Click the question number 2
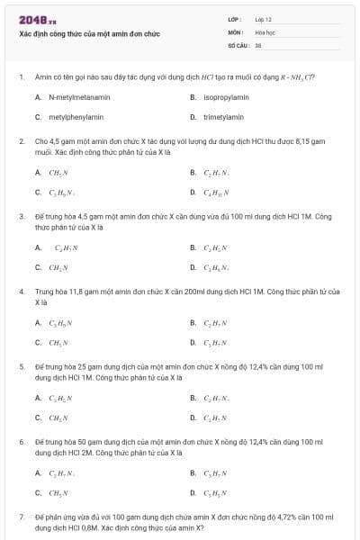[x=22, y=141]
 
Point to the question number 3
[x=22, y=216]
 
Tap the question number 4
[x=22, y=292]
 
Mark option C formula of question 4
[x=59, y=342]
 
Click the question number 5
[x=22, y=367]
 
